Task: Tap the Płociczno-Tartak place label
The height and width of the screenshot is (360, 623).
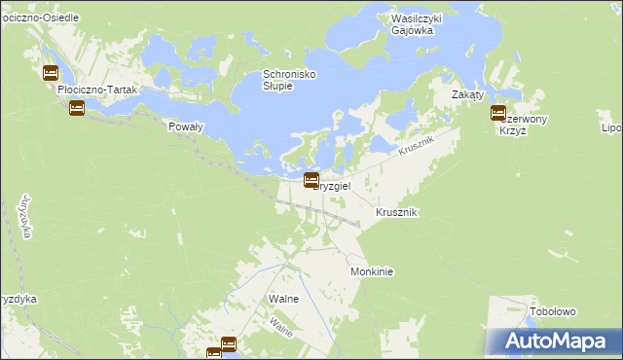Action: pyautogui.click(x=99, y=90)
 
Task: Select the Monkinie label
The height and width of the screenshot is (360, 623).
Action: pyautogui.click(x=371, y=272)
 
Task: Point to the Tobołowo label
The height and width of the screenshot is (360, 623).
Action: pyautogui.click(x=553, y=312)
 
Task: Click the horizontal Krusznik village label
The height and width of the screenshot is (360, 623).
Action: pyautogui.click(x=396, y=212)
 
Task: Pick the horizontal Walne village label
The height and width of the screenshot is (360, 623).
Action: pyautogui.click(x=283, y=299)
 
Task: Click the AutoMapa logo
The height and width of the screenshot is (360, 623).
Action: pyautogui.click(x=555, y=341)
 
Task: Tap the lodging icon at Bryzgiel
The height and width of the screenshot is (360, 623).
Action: pyautogui.click(x=311, y=179)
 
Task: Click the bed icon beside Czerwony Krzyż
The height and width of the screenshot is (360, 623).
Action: pyautogui.click(x=498, y=113)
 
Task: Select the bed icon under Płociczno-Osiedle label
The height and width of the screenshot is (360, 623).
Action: pyautogui.click(x=51, y=72)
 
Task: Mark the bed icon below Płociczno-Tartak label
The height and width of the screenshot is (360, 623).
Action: pyautogui.click(x=77, y=108)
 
